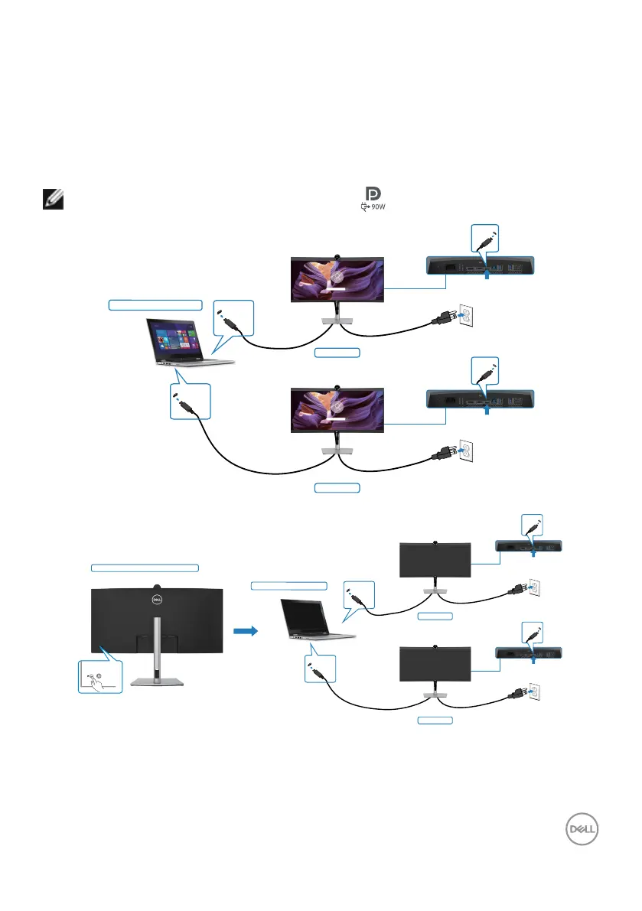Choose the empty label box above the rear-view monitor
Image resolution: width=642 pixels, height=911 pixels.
pyautogui.click(x=145, y=568)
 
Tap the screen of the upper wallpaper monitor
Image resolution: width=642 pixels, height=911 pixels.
pyautogui.click(x=336, y=278)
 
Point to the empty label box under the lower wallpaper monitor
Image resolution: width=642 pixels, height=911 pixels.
pyautogui.click(x=337, y=488)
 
